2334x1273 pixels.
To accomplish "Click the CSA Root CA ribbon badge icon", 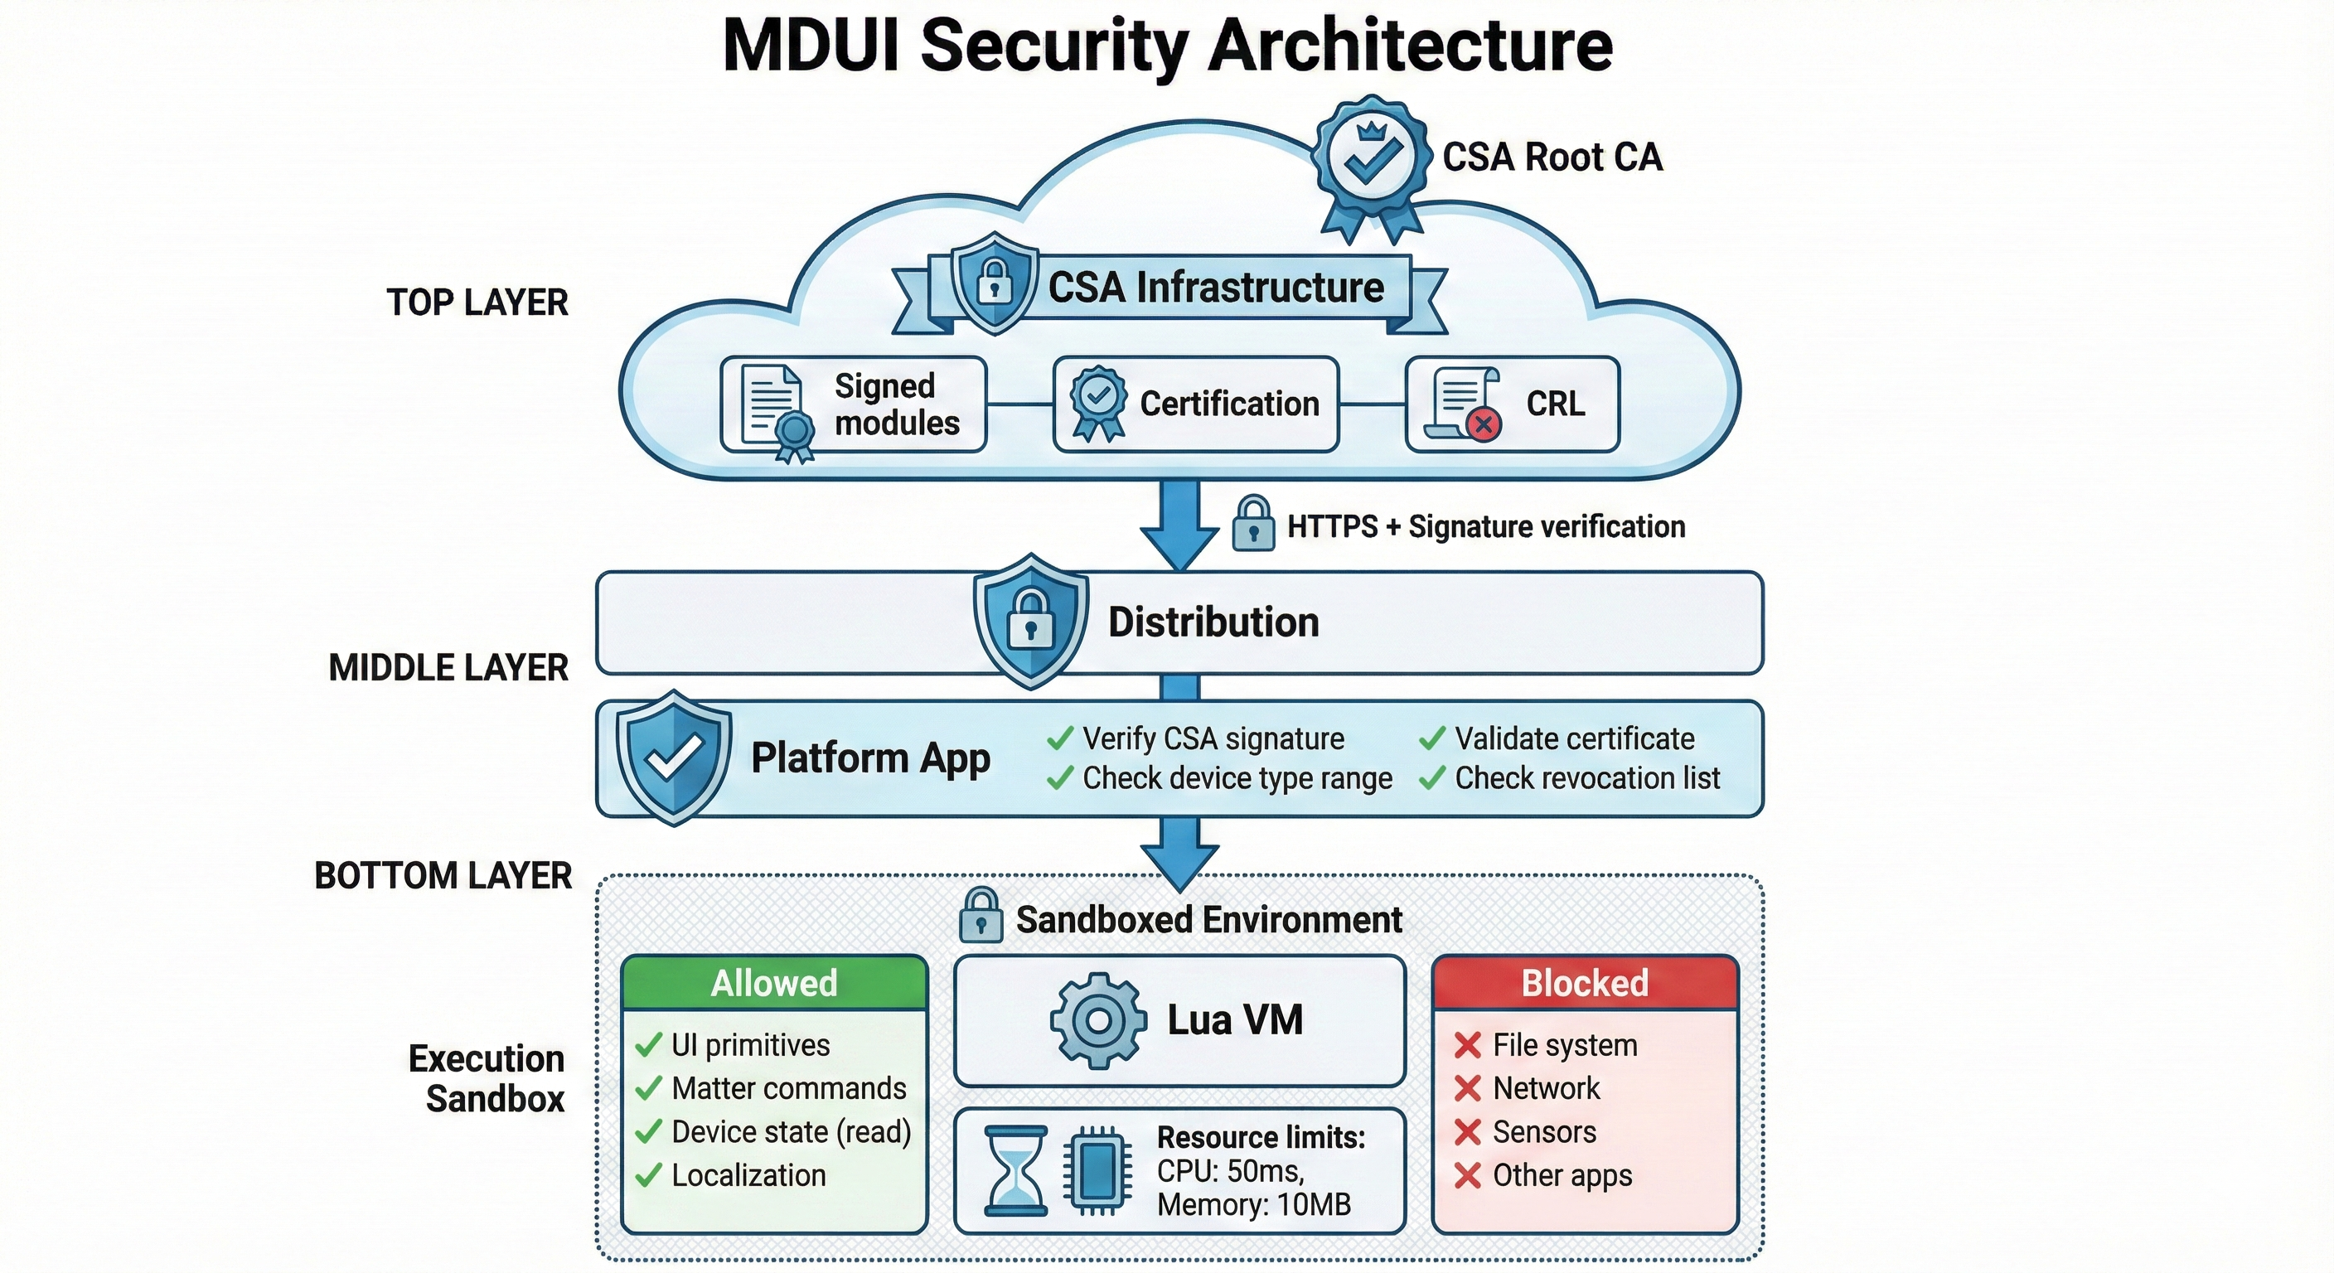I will point(1371,163).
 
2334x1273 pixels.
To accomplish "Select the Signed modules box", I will point(854,404).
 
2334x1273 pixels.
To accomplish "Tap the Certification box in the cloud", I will point(1196,404).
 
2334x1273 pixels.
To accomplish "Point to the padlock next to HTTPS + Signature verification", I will point(1253,524).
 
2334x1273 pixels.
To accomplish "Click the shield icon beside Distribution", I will point(1030,621).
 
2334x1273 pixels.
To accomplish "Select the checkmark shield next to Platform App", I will point(673,758).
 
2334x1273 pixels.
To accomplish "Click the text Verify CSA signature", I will point(1213,738).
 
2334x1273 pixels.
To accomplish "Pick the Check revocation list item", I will point(1586,778).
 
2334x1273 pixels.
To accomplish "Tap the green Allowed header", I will point(774,983).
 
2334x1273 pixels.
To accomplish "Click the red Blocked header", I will point(1585,983).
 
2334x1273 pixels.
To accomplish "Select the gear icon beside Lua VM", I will point(1097,1021).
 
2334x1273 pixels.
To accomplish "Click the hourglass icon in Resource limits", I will point(1015,1170).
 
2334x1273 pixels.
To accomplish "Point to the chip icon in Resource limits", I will point(1097,1170).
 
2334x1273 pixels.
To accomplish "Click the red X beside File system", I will point(1467,1046).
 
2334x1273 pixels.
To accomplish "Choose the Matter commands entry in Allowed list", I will point(788,1088).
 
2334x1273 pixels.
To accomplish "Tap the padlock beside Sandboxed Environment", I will point(981,916).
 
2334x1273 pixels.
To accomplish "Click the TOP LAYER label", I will point(477,303).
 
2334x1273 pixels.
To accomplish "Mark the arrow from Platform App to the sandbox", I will point(1179,852).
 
